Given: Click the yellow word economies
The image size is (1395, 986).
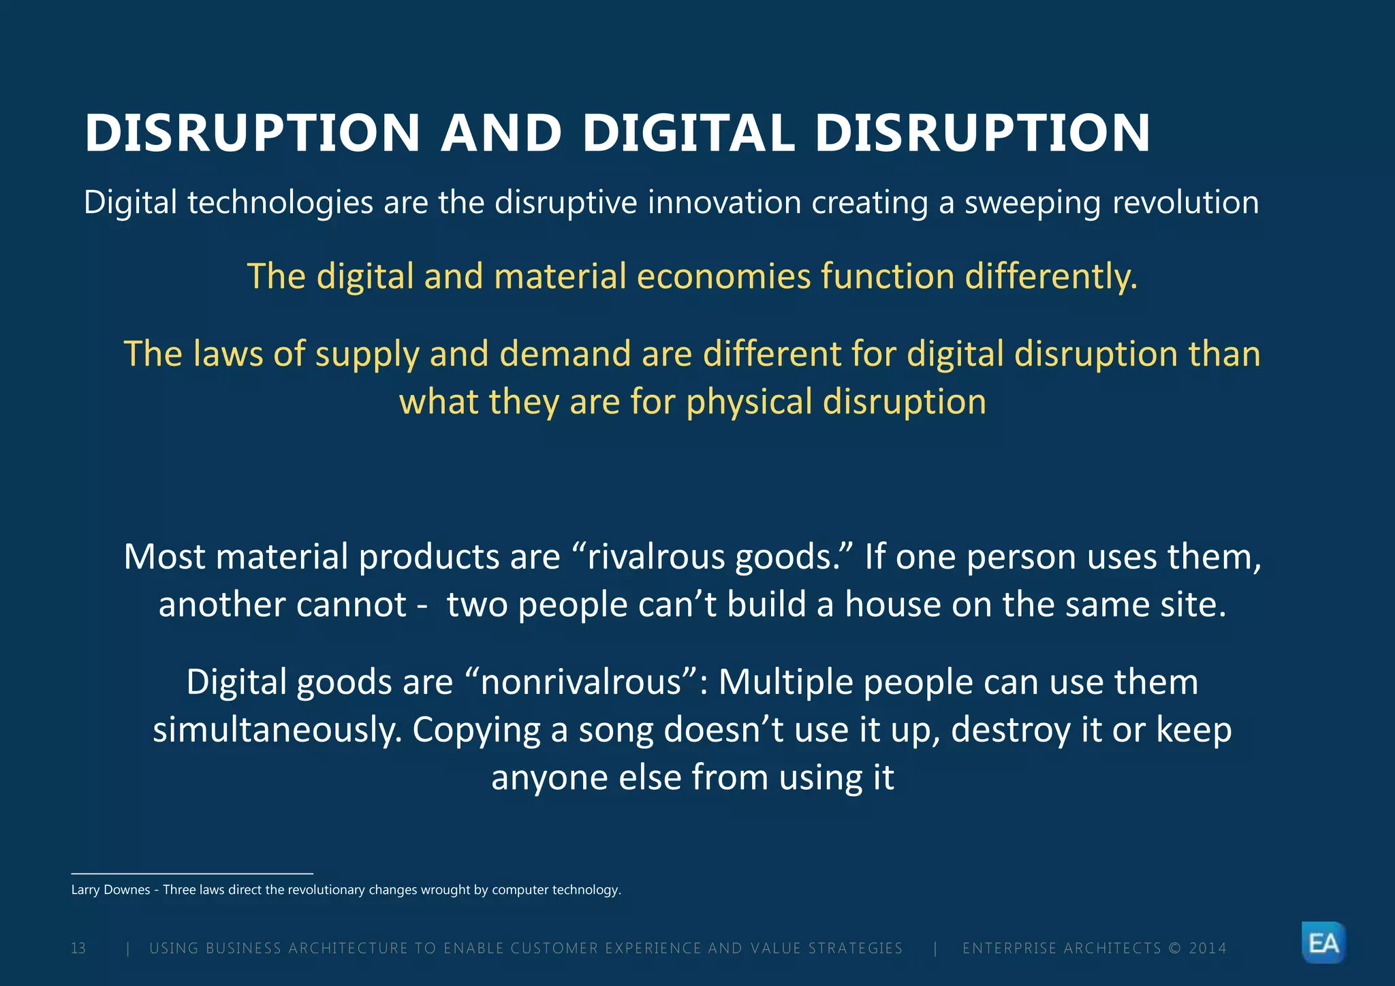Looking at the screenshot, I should coord(724,276).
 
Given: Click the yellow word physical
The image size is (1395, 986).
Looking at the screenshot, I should coord(749,402).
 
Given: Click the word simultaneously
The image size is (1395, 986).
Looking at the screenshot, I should coord(277,730).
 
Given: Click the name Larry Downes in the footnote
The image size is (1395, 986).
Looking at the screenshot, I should coord(110,890).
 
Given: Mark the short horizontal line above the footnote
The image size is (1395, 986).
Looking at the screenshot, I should coord(192,873).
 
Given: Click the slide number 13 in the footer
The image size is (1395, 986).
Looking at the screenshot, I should coord(78,949).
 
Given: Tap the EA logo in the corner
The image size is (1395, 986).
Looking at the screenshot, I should coord(1323,943).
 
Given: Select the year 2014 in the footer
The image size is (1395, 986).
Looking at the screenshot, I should coord(1208,949).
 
